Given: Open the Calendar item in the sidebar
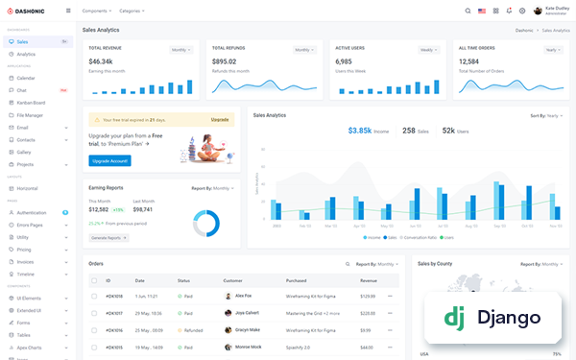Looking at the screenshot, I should pyautogui.click(x=26, y=78).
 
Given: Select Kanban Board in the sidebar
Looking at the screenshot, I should pyautogui.click(x=32, y=102).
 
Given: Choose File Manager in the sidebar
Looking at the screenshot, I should pyautogui.click(x=30, y=114).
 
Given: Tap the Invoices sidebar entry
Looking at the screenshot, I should pyautogui.click(x=25, y=261).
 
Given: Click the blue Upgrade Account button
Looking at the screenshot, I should pyautogui.click(x=109, y=160).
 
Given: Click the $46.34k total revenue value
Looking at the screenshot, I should pyautogui.click(x=101, y=61).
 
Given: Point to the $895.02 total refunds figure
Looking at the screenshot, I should pyautogui.click(x=224, y=61).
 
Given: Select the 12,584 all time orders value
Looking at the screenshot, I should pyautogui.click(x=474, y=61).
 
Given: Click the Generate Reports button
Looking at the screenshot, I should pyautogui.click(x=108, y=237).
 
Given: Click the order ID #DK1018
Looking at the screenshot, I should pyautogui.click(x=114, y=296).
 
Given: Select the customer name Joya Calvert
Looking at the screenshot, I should pyautogui.click(x=248, y=312).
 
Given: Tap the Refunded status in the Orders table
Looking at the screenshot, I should pyautogui.click(x=192, y=328).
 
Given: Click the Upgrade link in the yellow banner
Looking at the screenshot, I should pyautogui.click(x=220, y=119).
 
